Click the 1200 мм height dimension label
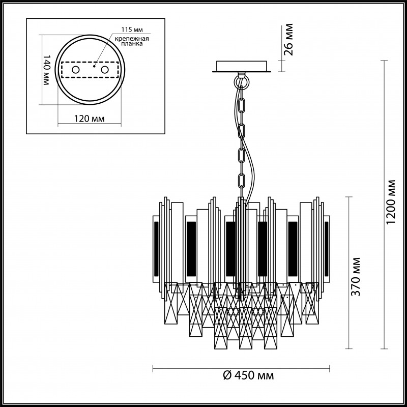pos(390,202)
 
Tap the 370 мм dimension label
pos(356,277)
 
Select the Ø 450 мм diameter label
pos(249,375)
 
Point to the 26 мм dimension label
pos(288,40)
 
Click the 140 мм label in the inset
pos(46,70)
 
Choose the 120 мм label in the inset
pos(90,119)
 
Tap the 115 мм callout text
pos(132,30)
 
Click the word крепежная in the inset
pos(132,39)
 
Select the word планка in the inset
pos(133,44)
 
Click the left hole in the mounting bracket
pos(75,70)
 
